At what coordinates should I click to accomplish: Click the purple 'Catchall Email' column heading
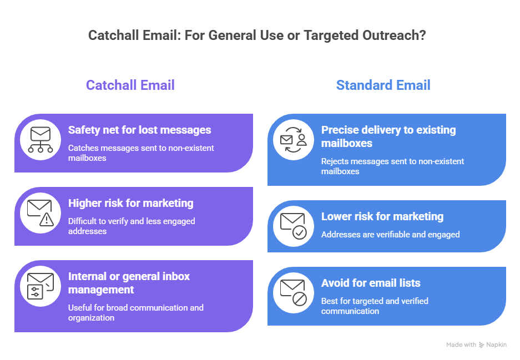(130, 85)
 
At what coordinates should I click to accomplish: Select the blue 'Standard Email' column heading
(383, 85)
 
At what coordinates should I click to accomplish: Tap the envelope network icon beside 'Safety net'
(41, 140)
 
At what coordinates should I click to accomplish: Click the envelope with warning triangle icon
(41, 213)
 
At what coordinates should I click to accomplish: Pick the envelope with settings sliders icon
(41, 286)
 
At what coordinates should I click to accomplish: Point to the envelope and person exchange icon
(294, 140)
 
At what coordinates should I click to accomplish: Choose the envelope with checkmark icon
(294, 226)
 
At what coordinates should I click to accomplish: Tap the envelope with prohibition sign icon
(294, 293)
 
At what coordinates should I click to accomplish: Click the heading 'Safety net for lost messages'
(140, 130)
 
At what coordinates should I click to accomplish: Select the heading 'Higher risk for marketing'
(130, 203)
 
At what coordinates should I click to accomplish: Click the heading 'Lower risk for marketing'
(382, 216)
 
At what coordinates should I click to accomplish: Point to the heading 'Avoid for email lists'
(371, 283)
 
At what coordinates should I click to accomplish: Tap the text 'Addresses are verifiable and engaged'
(390, 235)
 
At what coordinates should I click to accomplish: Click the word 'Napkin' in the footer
(497, 345)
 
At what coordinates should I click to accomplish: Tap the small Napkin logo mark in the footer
(481, 345)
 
